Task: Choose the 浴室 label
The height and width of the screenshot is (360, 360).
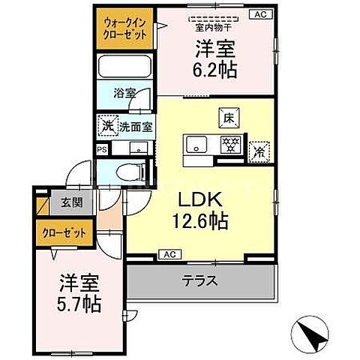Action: click(x=124, y=95)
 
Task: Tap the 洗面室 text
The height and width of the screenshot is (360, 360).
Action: click(x=133, y=127)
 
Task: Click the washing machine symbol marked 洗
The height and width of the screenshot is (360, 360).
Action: click(x=106, y=127)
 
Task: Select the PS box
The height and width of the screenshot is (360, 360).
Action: click(x=103, y=148)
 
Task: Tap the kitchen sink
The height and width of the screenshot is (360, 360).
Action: click(x=198, y=145)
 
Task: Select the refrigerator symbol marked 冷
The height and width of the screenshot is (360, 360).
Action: click(x=259, y=149)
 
